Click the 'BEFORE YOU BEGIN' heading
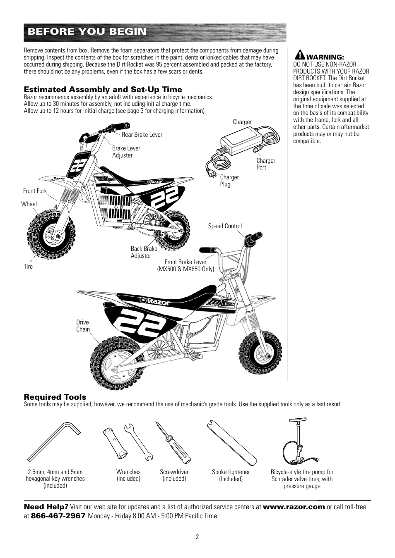click(87, 32)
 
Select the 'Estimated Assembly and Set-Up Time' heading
click(103, 90)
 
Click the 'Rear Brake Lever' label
click(142, 135)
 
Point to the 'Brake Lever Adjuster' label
click(126, 152)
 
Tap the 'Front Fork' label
click(35, 191)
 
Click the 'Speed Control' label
click(225, 226)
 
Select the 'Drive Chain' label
click(83, 326)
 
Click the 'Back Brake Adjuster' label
click(144, 252)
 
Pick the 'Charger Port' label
click(265, 164)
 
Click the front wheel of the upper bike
click(52, 236)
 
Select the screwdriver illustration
click(173, 442)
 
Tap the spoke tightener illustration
click(230, 442)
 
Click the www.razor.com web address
click(294, 507)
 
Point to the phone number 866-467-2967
click(58, 516)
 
